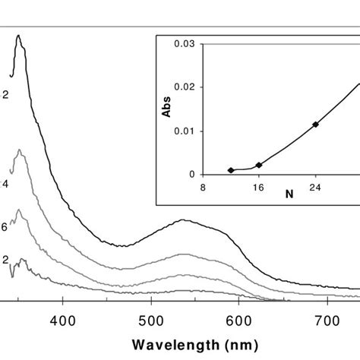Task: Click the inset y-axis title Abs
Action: [x=166, y=109]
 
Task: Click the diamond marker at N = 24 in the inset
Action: [x=315, y=124]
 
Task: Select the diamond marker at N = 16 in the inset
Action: [x=259, y=165]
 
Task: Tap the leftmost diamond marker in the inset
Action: [x=231, y=170]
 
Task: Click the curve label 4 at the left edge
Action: [x=5, y=184]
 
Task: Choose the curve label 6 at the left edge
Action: [x=5, y=227]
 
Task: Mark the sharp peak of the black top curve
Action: [x=19, y=36]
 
